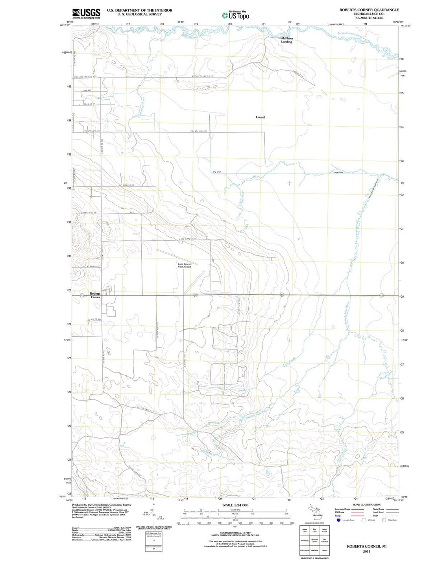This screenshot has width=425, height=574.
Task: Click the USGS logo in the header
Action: pos(86,13)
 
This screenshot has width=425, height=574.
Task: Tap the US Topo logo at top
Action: pos(235,15)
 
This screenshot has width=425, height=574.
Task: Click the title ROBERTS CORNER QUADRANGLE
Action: pos(369,10)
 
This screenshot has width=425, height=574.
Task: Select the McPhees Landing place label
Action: pos(287,40)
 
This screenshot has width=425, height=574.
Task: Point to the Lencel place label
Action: pos(260,117)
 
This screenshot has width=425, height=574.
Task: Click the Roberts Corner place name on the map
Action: pos(95,295)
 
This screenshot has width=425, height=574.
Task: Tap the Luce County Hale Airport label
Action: pos(185,266)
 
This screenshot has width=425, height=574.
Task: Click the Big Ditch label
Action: pos(217,172)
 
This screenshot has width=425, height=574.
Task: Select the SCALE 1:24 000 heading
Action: pos(235,505)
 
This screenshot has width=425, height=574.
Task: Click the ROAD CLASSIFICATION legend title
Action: pos(366,504)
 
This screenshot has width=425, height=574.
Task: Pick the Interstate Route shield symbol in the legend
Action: pos(338,520)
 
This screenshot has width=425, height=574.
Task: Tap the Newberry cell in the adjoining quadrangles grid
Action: pos(305,541)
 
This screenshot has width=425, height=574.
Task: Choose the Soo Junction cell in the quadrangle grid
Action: pos(324,541)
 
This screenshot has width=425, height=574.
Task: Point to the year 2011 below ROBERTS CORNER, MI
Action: pos(366,551)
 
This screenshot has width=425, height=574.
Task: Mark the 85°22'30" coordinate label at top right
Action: pos(395,22)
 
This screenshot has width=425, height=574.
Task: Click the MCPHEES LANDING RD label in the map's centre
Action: pos(202,76)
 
